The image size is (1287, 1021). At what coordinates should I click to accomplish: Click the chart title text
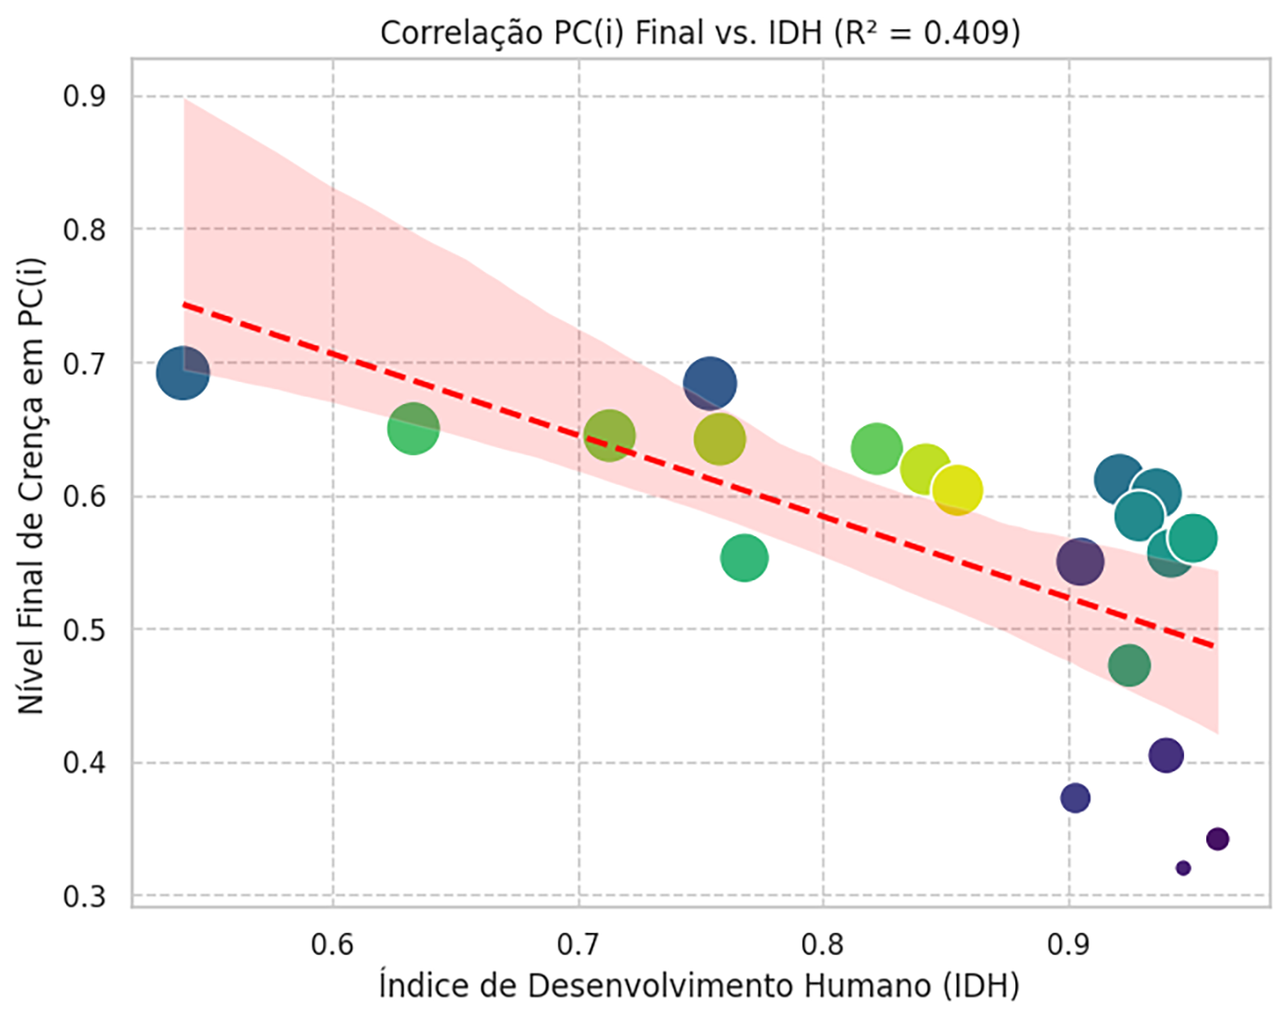tap(699, 32)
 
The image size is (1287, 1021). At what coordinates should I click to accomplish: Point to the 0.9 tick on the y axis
tap(84, 95)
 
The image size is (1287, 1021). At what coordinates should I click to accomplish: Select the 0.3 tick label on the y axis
tap(84, 896)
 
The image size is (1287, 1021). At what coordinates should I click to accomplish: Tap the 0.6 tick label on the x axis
tap(332, 943)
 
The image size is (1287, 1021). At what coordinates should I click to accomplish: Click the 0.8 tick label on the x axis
tap(823, 943)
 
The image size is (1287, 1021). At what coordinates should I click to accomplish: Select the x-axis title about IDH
tap(699, 986)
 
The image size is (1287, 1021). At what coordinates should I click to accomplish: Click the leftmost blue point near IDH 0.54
tap(183, 373)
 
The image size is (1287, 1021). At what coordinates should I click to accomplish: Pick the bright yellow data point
tap(957, 490)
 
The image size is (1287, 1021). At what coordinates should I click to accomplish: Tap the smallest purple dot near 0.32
tap(1183, 868)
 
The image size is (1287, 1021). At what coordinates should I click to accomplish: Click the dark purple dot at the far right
tap(1217, 838)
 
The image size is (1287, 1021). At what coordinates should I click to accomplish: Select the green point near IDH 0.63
tap(413, 428)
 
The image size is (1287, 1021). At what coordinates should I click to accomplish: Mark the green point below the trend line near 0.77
tap(744, 558)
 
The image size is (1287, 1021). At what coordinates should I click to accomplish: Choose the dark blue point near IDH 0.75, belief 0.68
tap(710, 383)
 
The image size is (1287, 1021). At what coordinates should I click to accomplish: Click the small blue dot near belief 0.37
tap(1075, 798)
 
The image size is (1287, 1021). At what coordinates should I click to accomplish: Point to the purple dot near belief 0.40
tap(1166, 756)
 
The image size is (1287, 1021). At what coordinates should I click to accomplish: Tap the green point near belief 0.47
tap(1129, 665)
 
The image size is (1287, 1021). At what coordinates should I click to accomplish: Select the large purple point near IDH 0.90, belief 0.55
tap(1080, 561)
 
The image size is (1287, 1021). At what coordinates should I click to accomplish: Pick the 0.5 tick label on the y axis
tap(84, 629)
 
